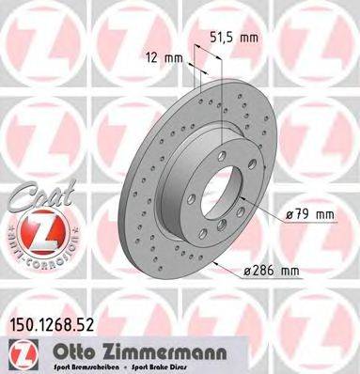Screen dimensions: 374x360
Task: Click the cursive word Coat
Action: point(36,199)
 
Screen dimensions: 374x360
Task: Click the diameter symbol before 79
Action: point(288,215)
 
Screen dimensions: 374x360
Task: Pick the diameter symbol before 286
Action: point(247,272)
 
